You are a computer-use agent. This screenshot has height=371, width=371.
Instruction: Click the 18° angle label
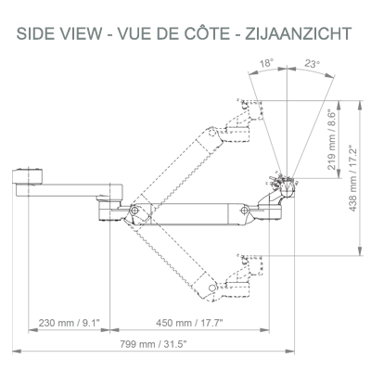click(x=266, y=63)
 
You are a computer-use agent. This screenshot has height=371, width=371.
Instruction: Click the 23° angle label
click(x=312, y=63)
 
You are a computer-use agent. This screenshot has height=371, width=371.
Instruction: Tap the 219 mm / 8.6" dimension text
click(x=331, y=139)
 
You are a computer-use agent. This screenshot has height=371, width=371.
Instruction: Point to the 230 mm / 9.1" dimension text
click(x=70, y=323)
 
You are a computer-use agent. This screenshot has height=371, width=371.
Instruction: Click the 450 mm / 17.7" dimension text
click(x=189, y=323)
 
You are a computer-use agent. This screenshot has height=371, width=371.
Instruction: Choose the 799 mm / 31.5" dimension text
click(x=153, y=344)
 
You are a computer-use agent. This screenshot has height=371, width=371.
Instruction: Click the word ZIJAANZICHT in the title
click(x=299, y=33)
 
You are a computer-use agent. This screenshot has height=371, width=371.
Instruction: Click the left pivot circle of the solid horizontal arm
click(x=134, y=211)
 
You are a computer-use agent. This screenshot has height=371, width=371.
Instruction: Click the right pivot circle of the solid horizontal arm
click(x=245, y=211)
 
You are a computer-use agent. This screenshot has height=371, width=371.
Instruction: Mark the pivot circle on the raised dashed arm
click(x=211, y=133)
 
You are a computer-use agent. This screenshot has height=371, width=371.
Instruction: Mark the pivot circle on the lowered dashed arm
click(x=211, y=288)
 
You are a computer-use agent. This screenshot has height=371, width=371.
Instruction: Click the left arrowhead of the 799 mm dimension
click(x=17, y=352)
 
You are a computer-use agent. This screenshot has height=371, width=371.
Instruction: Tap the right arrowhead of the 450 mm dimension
click(x=264, y=330)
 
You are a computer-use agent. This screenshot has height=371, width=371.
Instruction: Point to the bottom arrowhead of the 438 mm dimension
click(x=360, y=250)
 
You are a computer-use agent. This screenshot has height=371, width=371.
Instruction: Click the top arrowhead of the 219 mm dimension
click(x=339, y=106)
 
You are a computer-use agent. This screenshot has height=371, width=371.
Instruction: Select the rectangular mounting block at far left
click(x=28, y=177)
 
